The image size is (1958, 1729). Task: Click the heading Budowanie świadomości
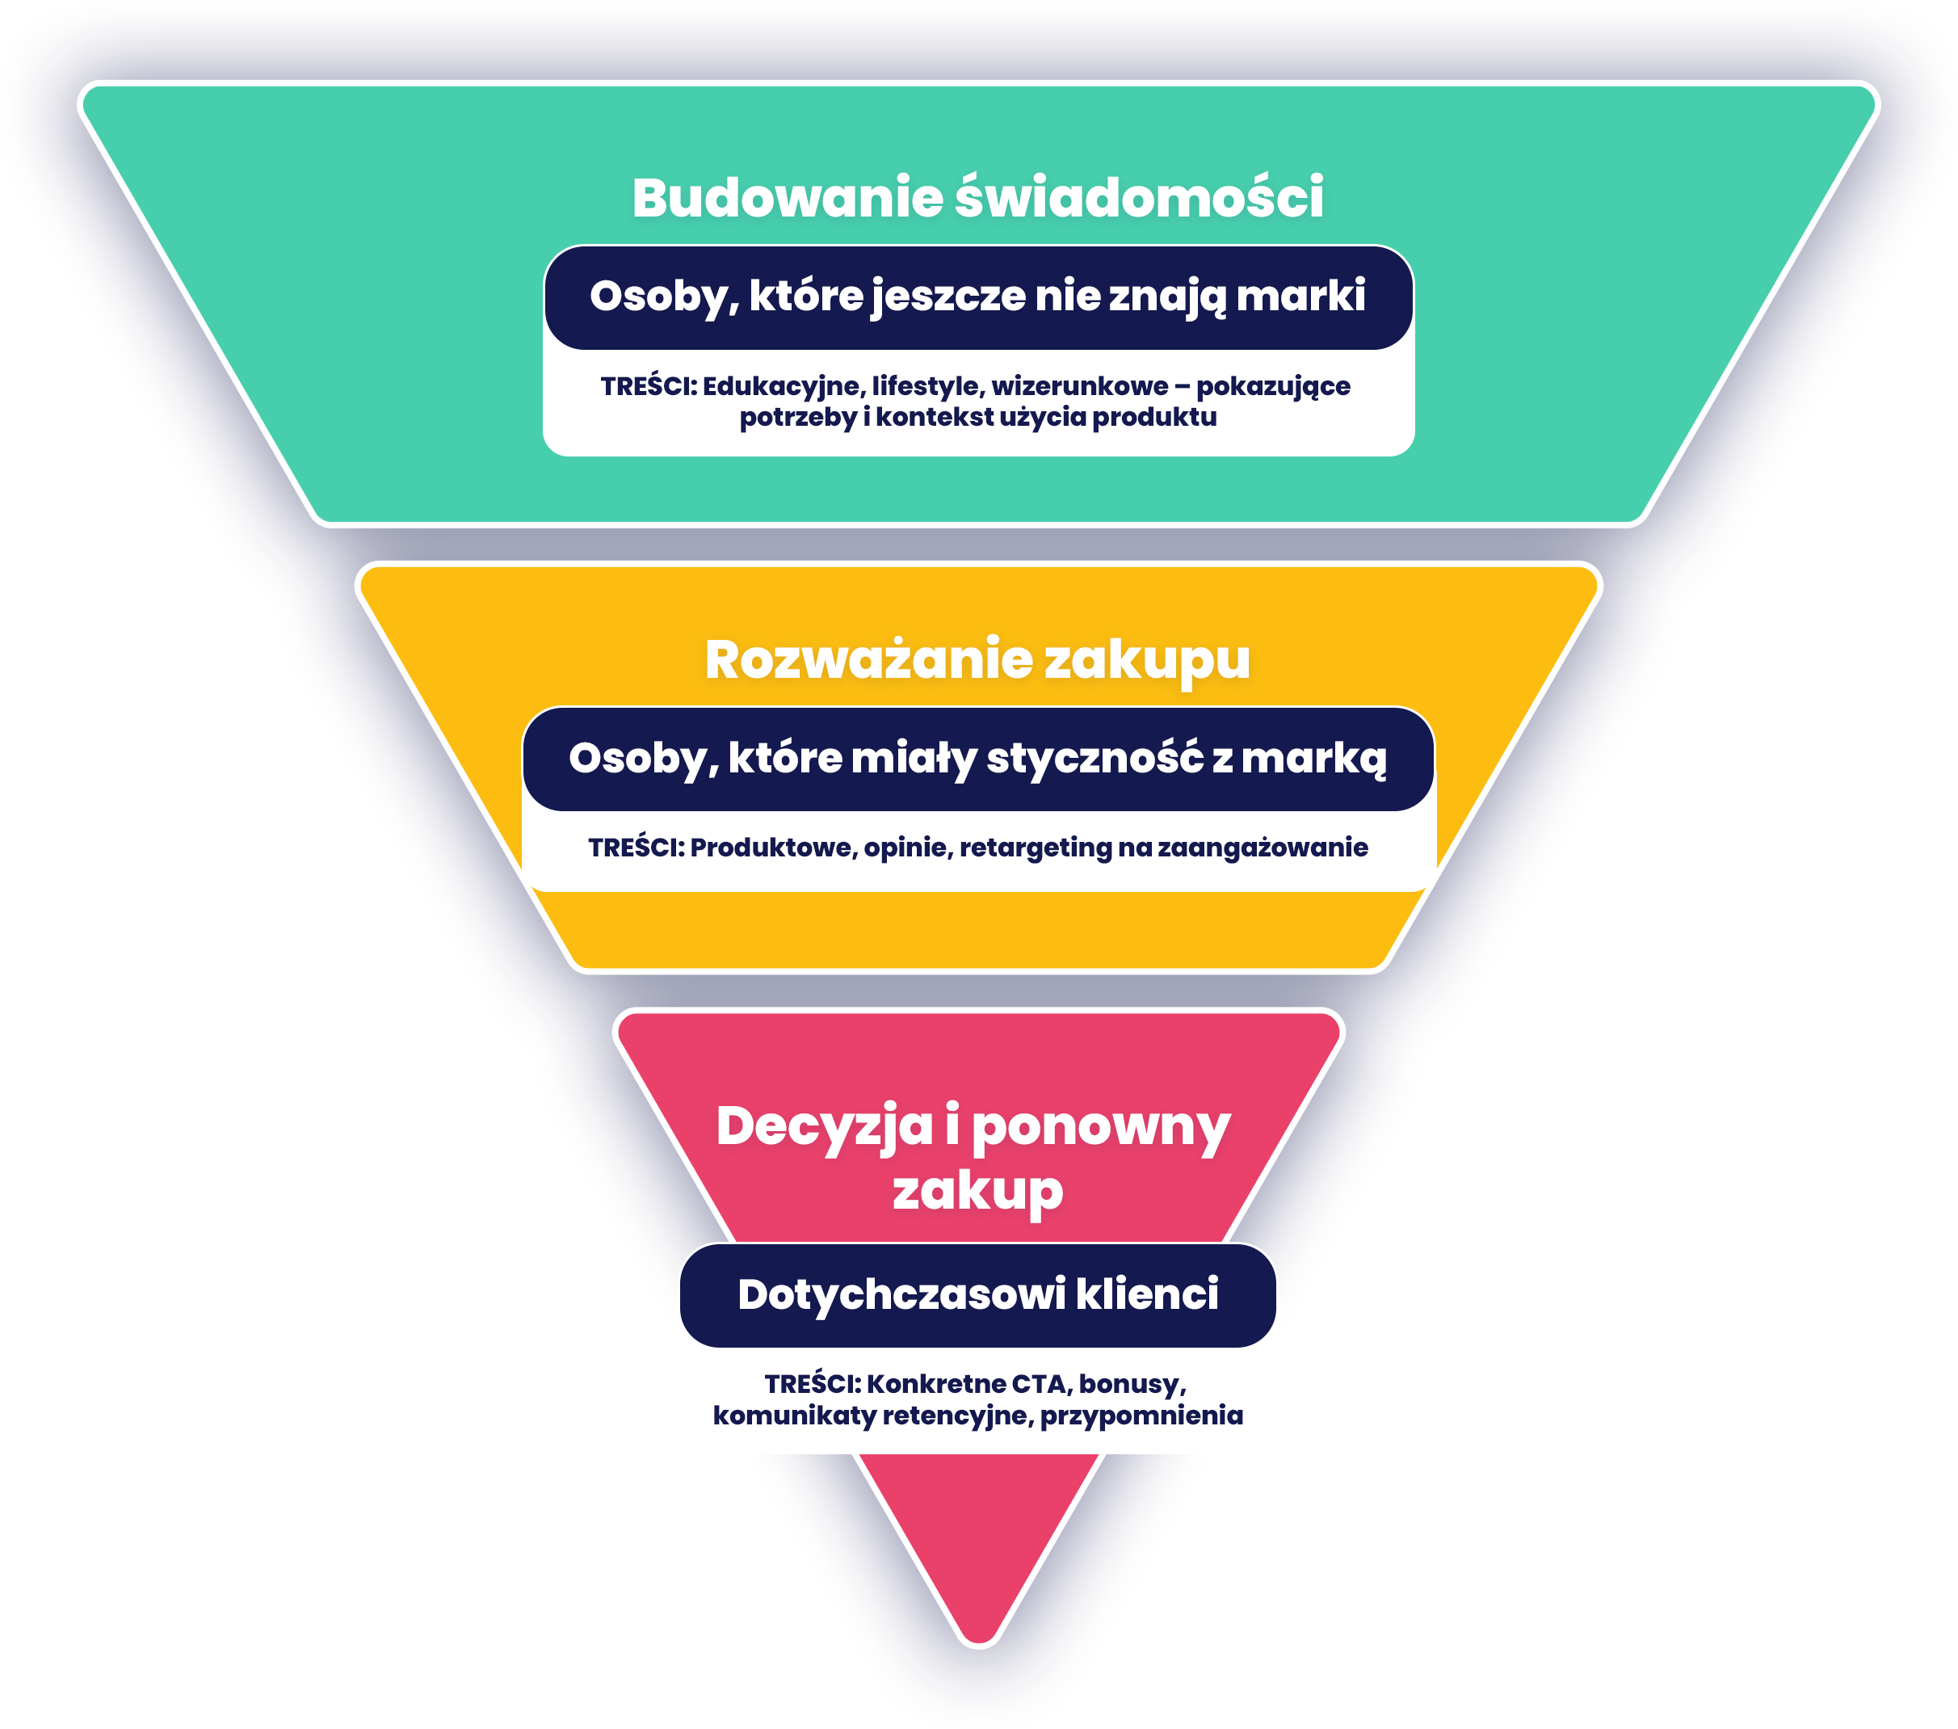[977, 198]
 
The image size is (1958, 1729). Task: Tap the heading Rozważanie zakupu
[977, 660]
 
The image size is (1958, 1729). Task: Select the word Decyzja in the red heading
[824, 1126]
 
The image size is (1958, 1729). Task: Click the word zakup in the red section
[977, 1191]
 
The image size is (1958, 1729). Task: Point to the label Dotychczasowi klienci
[977, 1295]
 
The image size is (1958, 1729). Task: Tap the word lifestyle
[927, 386]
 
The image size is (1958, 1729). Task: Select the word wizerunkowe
[1080, 386]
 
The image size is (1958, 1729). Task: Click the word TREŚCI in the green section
[648, 386]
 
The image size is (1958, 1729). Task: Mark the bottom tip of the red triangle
[978, 1643]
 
